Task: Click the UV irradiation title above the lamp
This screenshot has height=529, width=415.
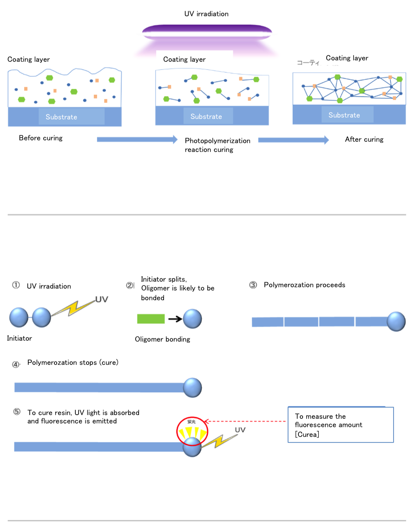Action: [206, 14]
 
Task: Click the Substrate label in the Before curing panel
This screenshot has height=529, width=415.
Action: [61, 117]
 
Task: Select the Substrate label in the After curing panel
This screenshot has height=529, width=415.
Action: [344, 115]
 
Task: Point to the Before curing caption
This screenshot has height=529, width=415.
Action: [40, 138]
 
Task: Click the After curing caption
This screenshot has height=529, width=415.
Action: [364, 139]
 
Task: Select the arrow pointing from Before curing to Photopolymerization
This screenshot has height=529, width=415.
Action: [137, 139]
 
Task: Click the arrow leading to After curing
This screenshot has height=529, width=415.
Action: [293, 140]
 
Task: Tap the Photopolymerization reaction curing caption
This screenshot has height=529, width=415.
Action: [217, 145]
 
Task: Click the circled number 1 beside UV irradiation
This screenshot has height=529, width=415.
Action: [16, 286]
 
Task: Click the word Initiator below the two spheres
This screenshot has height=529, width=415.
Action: [20, 338]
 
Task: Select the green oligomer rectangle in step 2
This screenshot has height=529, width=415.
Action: [151, 318]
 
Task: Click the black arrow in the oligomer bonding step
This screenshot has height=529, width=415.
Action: [174, 319]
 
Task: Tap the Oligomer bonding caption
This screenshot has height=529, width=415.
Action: [162, 339]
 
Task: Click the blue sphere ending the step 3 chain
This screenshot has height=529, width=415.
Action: [396, 321]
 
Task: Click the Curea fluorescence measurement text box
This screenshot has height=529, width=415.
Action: [341, 425]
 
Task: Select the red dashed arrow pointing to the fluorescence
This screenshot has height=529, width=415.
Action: [246, 422]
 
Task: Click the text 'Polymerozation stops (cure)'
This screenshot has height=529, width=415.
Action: [73, 363]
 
